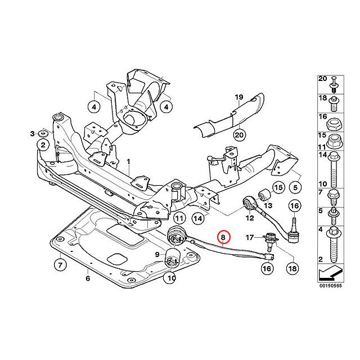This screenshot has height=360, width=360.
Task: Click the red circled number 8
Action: [224, 238]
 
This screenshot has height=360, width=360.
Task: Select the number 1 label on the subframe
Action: [128, 161]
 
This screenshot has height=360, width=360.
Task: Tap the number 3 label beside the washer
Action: [32, 133]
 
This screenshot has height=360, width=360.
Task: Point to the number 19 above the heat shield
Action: [238, 97]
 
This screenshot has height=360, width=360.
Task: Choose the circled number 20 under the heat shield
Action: [238, 134]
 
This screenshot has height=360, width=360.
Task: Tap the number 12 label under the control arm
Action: [250, 217]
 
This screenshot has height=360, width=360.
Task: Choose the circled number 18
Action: [292, 269]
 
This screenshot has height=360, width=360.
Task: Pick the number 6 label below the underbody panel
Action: [88, 278]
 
